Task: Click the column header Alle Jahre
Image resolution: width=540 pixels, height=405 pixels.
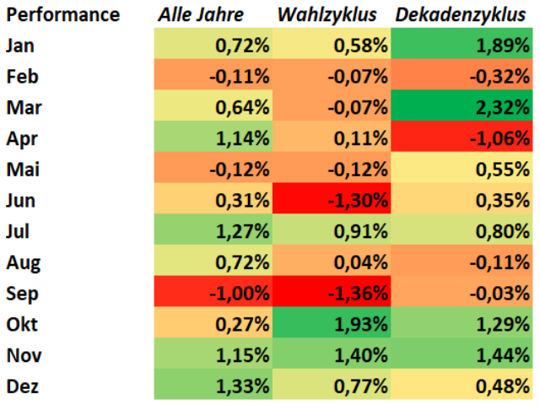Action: point(201,14)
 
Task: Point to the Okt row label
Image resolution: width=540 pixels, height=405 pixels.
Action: point(21,325)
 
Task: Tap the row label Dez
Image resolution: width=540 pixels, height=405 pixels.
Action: point(22,386)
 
